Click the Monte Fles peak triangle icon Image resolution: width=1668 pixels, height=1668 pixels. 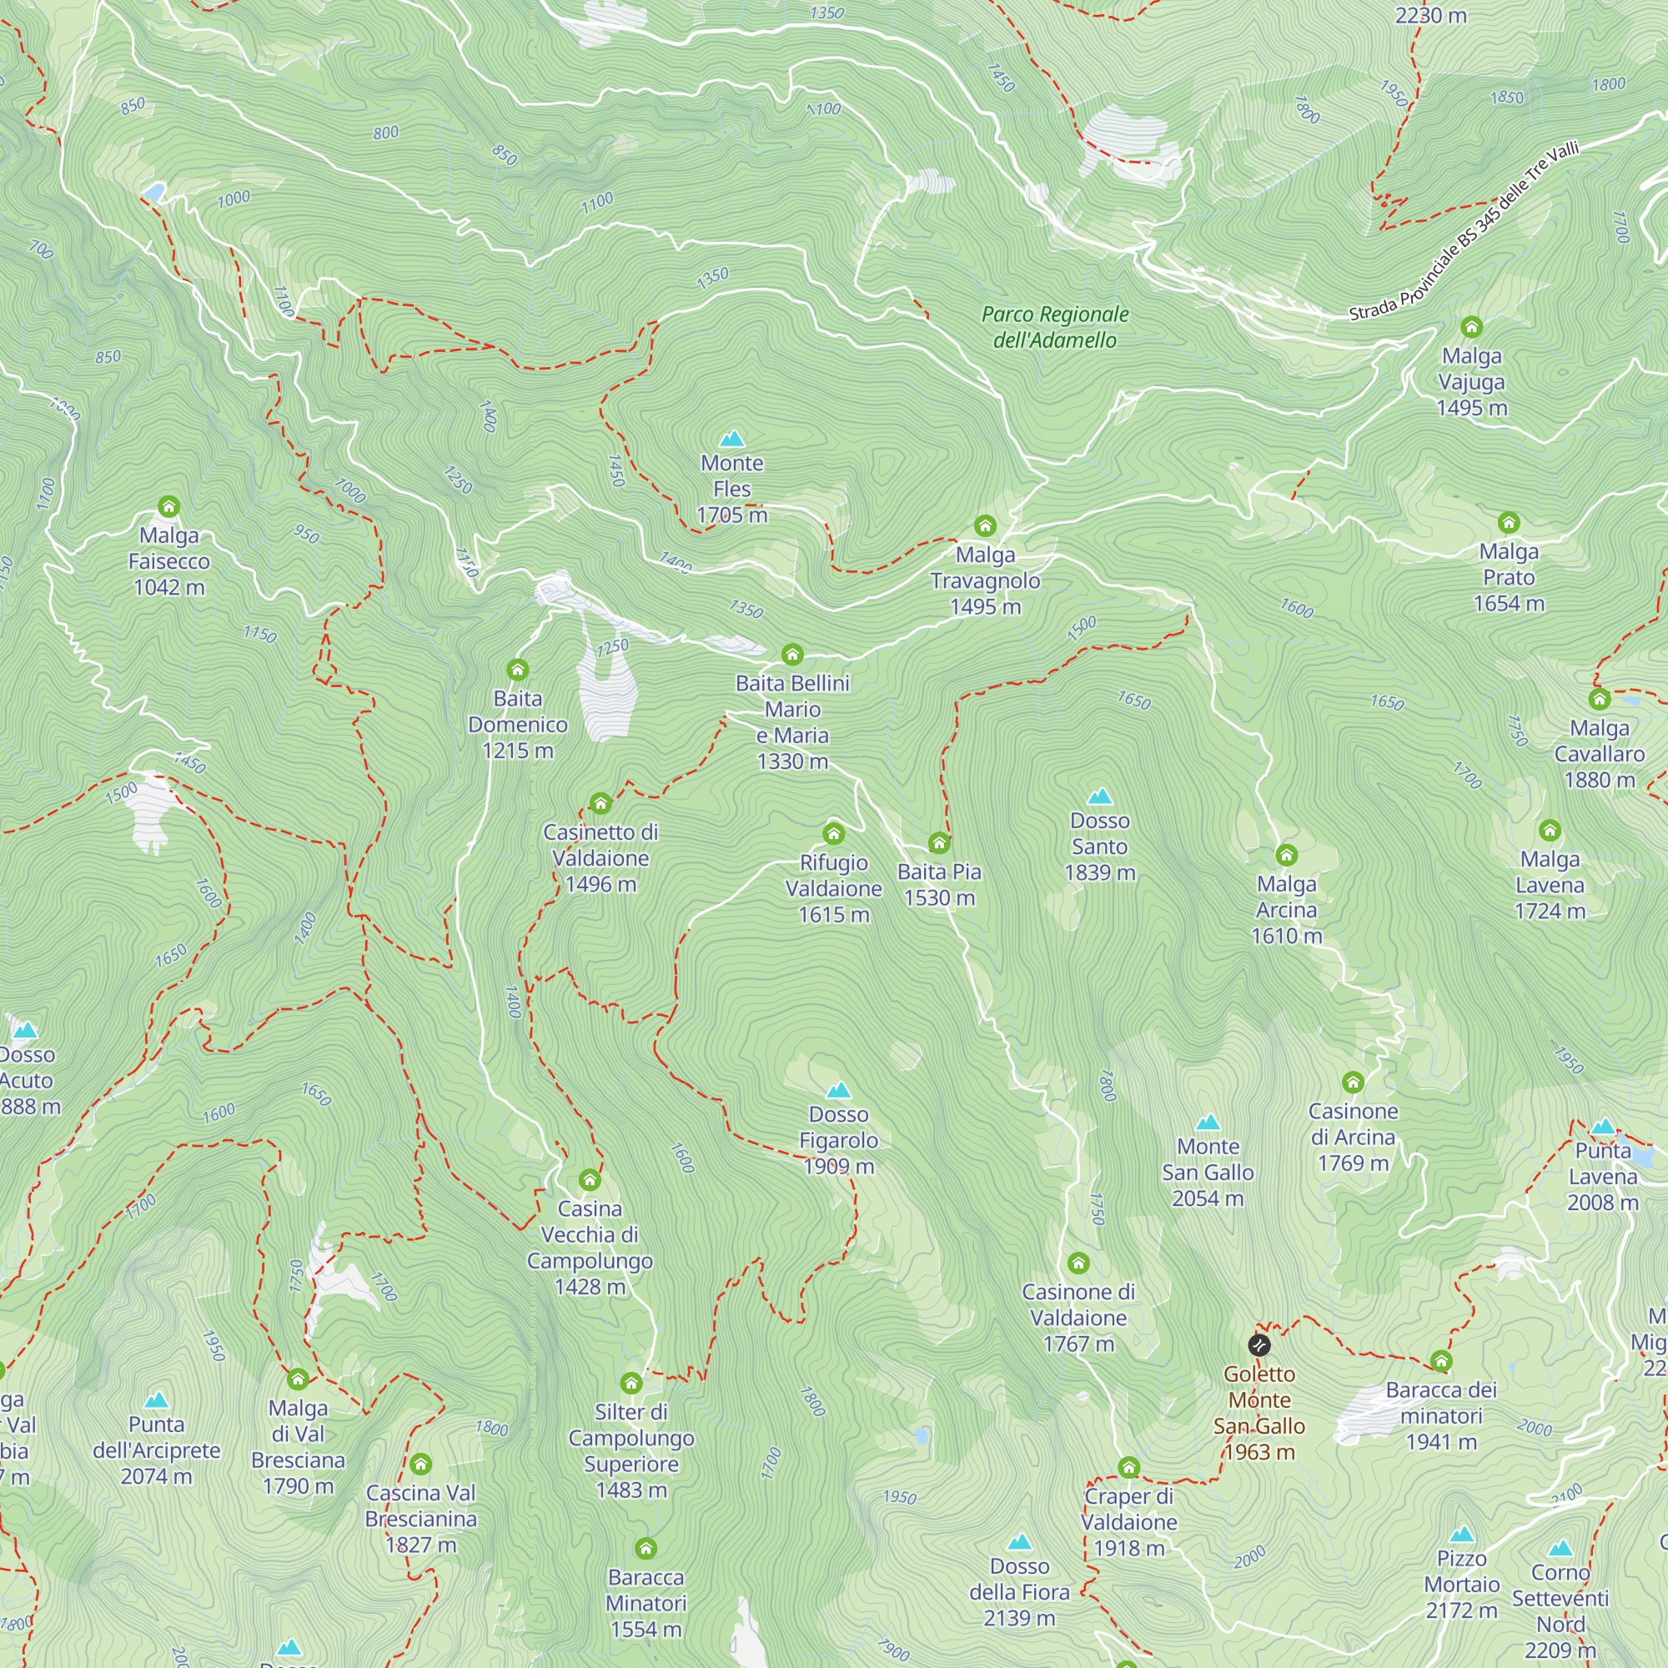click(x=732, y=440)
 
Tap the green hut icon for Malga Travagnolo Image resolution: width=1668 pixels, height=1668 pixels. click(x=985, y=525)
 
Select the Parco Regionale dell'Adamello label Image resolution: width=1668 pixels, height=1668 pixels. click(x=1055, y=327)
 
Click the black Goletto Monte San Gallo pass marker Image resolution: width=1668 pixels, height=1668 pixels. click(x=1259, y=1344)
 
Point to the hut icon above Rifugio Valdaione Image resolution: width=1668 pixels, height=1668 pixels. click(x=833, y=833)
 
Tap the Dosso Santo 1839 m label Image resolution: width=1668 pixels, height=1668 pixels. click(x=1100, y=846)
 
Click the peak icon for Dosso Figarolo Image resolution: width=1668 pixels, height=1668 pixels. click(x=838, y=1090)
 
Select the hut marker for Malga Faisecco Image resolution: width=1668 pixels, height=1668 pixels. click(x=169, y=507)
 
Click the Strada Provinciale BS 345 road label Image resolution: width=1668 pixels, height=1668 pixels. click(x=1465, y=231)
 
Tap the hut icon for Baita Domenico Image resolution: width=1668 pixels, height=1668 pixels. click(x=517, y=670)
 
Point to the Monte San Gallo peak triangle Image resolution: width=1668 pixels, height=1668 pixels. click(x=1208, y=1123)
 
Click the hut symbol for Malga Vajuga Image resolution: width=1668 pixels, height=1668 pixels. click(x=1471, y=327)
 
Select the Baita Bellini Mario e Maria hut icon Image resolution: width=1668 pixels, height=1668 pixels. click(x=792, y=655)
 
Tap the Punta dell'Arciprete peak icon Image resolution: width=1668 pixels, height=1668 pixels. click(x=156, y=1400)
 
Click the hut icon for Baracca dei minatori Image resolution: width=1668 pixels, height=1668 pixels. click(x=1441, y=1362)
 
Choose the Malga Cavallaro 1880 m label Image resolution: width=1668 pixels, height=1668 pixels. click(x=1599, y=754)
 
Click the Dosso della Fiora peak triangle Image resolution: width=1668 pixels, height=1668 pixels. click(x=1020, y=1542)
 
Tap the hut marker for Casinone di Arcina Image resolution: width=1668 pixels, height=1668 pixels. click(x=1353, y=1083)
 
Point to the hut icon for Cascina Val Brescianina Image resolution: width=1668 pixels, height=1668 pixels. click(x=420, y=1465)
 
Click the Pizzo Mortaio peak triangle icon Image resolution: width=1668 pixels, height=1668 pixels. click(x=1462, y=1535)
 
